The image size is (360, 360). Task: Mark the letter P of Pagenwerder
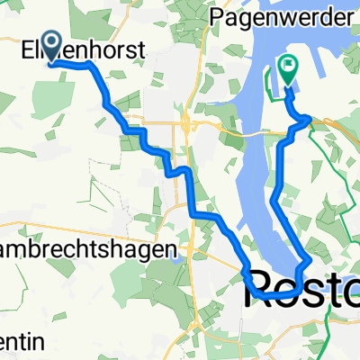click(x=218, y=16)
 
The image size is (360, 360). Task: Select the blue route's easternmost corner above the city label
click(x=309, y=260)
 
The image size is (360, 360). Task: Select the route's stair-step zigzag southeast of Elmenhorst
click(x=144, y=144)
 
